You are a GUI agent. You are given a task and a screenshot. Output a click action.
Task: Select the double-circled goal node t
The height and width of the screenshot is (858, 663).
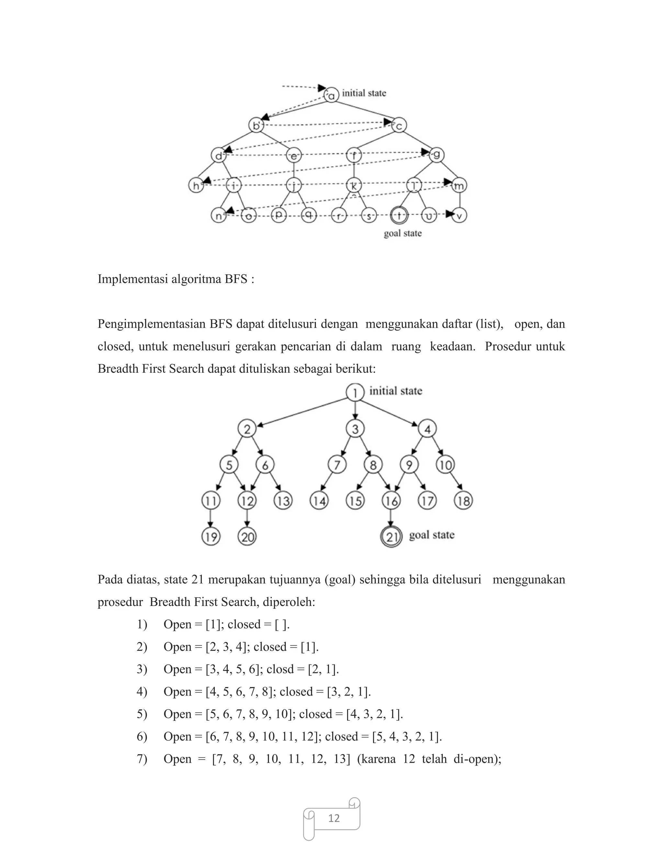pos(399,215)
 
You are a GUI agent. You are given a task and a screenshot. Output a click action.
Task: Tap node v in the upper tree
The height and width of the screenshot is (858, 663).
pos(459,216)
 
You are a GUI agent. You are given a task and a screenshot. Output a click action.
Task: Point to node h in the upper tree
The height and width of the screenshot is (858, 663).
pos(196,186)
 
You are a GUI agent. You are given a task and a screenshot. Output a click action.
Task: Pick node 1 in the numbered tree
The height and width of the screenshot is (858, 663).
pos(355,392)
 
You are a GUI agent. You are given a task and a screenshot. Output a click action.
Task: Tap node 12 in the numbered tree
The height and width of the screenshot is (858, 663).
pos(247,501)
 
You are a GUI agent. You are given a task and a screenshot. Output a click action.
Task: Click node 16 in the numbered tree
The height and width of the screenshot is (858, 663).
pos(391,501)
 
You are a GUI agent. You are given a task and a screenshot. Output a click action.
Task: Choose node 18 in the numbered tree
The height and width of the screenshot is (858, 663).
pos(464,501)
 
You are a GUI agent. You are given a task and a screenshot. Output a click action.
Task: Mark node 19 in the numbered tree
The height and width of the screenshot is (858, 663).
pos(211,536)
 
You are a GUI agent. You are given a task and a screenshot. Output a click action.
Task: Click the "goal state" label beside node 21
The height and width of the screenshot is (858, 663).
pos(432,535)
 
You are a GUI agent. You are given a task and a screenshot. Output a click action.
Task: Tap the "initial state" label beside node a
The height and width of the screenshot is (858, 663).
pos(364,93)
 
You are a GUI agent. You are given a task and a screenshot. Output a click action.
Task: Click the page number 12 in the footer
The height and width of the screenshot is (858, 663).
pos(334,818)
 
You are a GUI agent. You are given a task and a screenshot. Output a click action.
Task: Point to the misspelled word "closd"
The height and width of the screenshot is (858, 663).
pos(280,669)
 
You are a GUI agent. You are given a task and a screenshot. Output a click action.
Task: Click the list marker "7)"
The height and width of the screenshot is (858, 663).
pos(142,759)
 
